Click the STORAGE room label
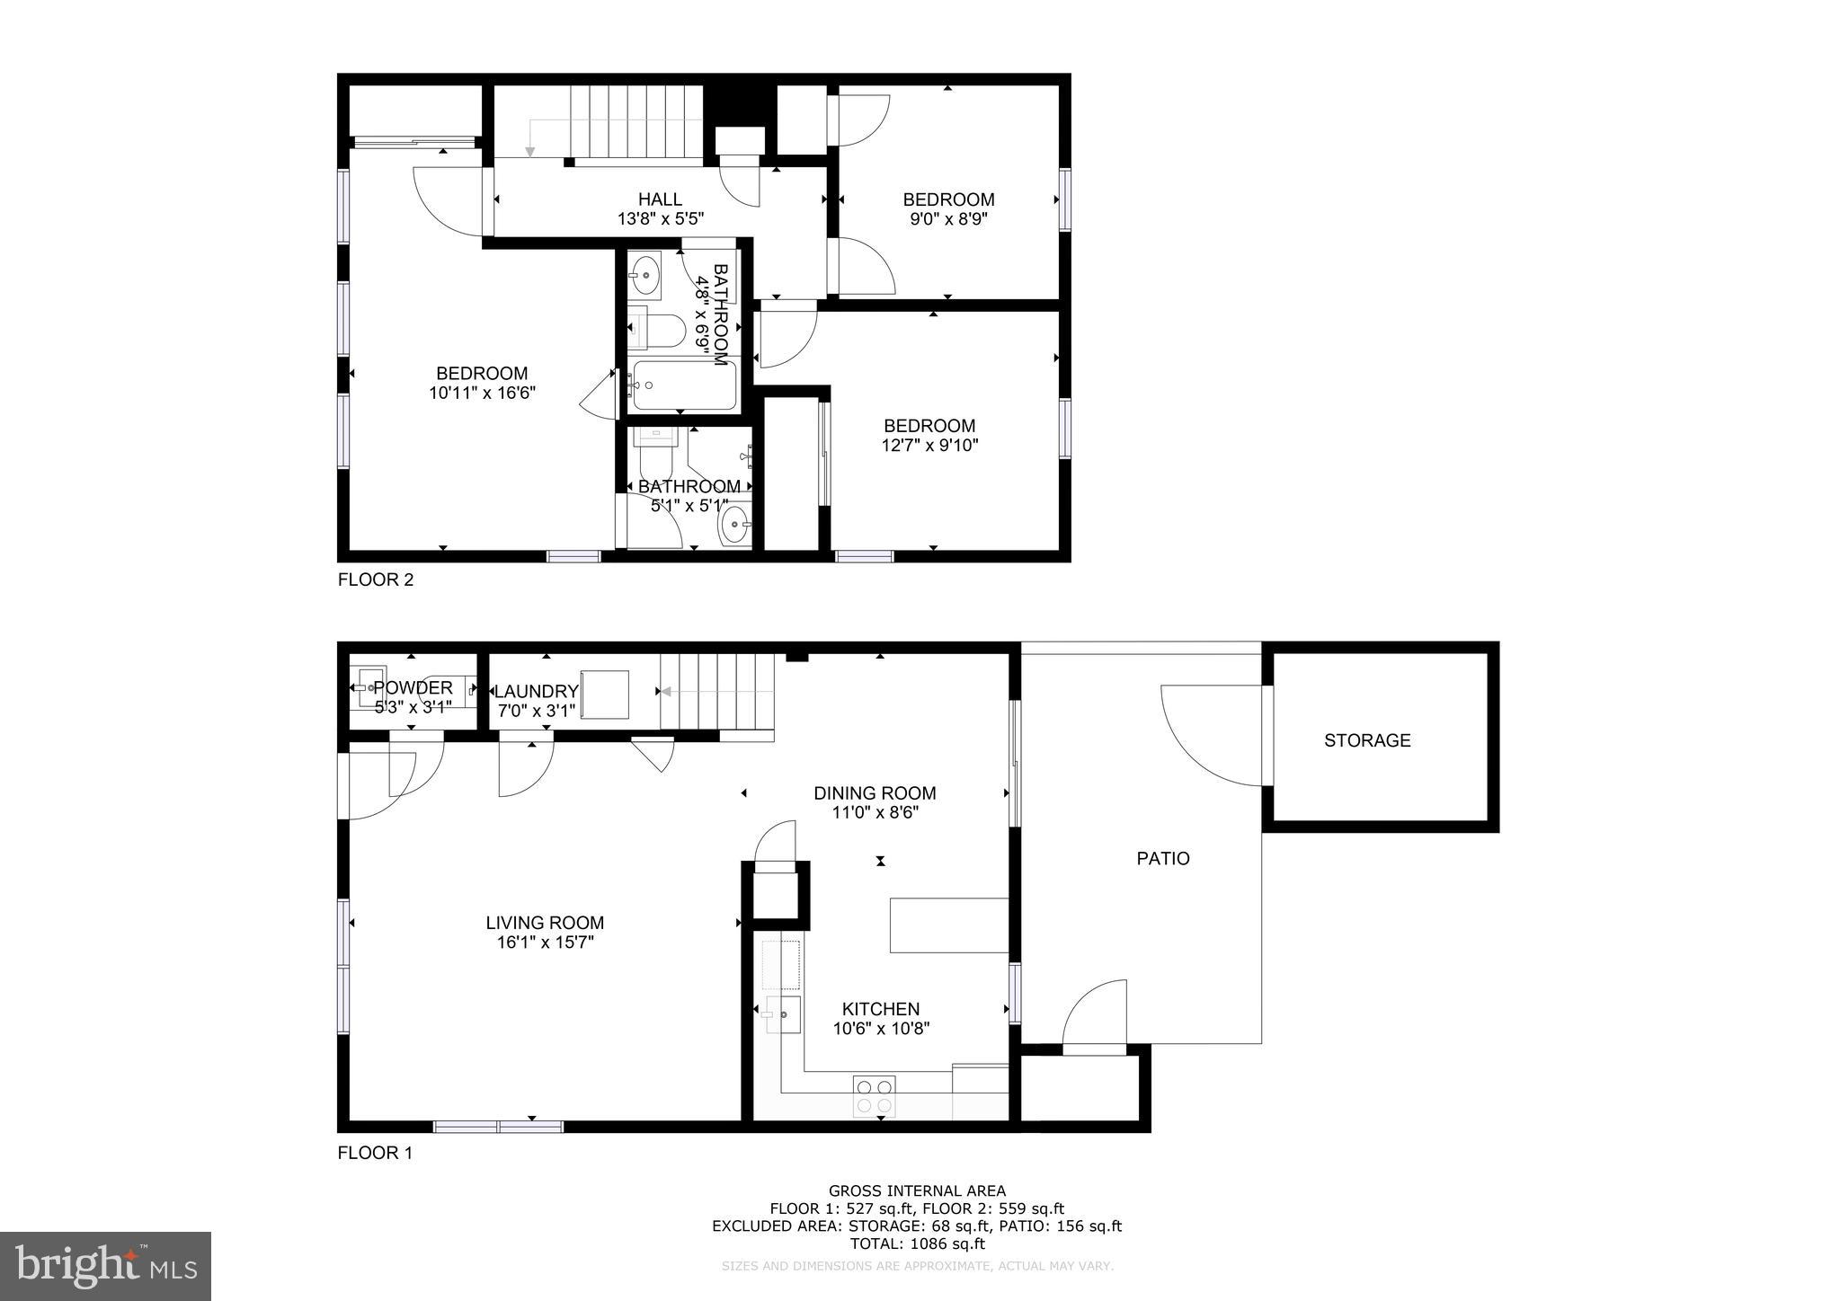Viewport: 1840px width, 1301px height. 1366,740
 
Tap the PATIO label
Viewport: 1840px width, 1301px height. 1162,858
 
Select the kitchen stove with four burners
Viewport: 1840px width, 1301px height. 874,1095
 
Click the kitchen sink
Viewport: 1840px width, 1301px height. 784,1014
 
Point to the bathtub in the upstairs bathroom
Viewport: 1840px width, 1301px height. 682,385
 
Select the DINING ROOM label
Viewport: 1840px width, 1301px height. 874,793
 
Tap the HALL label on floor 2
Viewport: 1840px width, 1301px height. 660,199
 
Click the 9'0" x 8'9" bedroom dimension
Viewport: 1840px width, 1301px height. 947,218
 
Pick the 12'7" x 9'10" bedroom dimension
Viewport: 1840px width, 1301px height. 929,445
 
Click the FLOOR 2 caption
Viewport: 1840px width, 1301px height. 375,580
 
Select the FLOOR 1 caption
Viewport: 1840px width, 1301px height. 374,1153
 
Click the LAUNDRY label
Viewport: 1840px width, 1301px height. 536,691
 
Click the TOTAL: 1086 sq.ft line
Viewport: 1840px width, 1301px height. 917,1243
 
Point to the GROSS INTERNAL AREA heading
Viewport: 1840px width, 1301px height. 917,1191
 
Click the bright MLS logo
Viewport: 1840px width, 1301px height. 105,1266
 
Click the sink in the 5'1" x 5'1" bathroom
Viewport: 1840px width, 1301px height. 736,524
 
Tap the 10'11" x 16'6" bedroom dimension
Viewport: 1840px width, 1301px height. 482,393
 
